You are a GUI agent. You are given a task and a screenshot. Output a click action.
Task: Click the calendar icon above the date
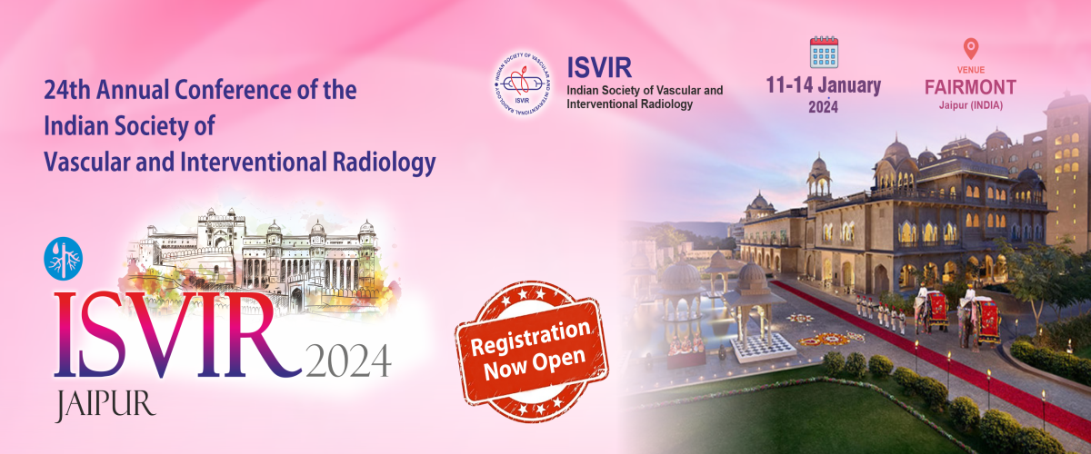click(x=824, y=52)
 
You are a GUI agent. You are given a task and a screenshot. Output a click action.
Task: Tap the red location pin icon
click(x=971, y=49)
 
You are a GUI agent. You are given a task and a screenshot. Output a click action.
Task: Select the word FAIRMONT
click(x=970, y=87)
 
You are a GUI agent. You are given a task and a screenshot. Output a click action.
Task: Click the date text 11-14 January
click(x=823, y=85)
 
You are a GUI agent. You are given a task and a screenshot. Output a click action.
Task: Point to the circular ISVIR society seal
click(x=522, y=84)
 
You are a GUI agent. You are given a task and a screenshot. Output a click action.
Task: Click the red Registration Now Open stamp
click(x=531, y=350)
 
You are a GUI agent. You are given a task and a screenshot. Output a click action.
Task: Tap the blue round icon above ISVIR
click(x=64, y=259)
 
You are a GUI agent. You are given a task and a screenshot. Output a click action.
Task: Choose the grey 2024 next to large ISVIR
click(x=348, y=360)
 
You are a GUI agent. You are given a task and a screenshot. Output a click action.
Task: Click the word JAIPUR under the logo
click(x=105, y=405)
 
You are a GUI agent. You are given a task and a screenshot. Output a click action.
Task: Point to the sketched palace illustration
click(x=258, y=258)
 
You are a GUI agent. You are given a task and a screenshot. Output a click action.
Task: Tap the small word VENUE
click(x=971, y=70)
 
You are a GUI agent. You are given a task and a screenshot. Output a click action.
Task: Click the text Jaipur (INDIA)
click(x=971, y=105)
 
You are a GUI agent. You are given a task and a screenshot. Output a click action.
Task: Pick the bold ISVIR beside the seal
click(x=599, y=67)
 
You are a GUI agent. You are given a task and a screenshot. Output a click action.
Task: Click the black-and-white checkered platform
click(x=761, y=348)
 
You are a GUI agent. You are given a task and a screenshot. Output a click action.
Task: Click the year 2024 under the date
click(x=823, y=107)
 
